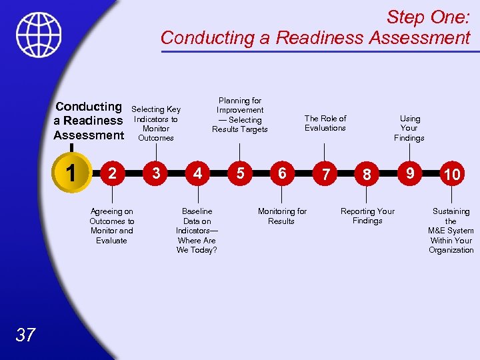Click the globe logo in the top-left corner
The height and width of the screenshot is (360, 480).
pyautogui.click(x=39, y=35)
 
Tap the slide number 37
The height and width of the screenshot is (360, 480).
pyautogui.click(x=25, y=335)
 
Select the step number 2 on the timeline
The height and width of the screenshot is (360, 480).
pyautogui.click(x=113, y=173)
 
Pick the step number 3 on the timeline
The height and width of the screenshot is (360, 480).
pyautogui.click(x=155, y=173)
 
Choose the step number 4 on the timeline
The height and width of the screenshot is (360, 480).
pyautogui.click(x=197, y=173)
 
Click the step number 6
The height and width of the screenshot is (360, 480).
pyautogui.click(x=282, y=173)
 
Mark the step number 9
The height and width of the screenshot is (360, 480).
pyautogui.click(x=411, y=173)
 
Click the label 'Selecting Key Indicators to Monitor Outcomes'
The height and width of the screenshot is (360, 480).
pyautogui.click(x=156, y=123)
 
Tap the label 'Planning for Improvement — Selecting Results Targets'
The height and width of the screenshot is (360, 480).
pyautogui.click(x=240, y=115)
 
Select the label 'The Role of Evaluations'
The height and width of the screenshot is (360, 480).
pyautogui.click(x=325, y=123)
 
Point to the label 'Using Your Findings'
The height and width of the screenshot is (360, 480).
pyautogui.click(x=409, y=128)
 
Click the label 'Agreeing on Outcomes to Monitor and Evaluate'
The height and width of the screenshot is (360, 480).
pyautogui.click(x=111, y=226)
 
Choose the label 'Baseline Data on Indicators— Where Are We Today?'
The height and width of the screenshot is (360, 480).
pyautogui.click(x=197, y=231)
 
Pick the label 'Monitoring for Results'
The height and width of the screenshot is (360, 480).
pyautogui.click(x=282, y=216)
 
